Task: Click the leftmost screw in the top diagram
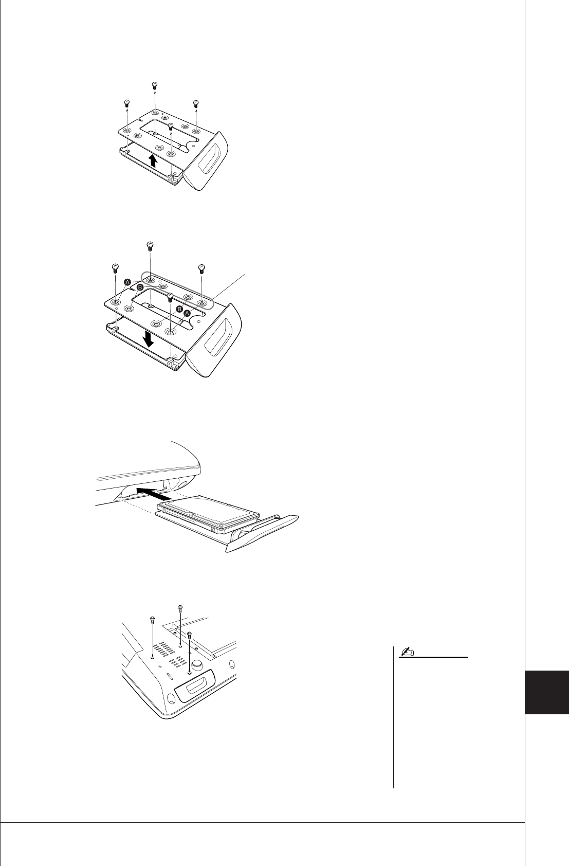[x=126, y=103]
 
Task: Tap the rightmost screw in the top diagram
[x=196, y=103]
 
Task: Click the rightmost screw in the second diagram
[x=201, y=267]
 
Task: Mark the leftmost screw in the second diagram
[x=115, y=267]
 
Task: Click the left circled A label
[x=127, y=282]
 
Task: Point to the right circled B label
[x=179, y=309]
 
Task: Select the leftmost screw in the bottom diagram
[x=153, y=619]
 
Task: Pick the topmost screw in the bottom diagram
[x=180, y=609]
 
